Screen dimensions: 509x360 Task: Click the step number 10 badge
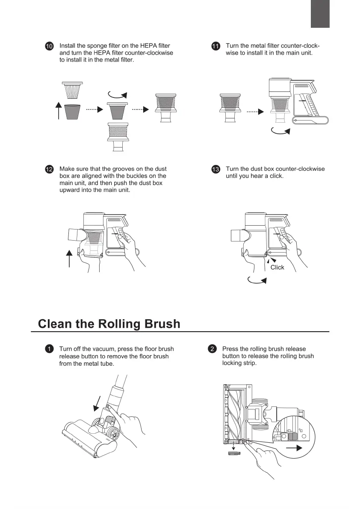(50, 46)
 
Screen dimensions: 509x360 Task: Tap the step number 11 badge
(216, 46)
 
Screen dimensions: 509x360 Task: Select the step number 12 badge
(50, 170)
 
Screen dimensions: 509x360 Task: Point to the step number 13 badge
(216, 170)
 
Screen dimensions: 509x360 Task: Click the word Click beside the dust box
(277, 267)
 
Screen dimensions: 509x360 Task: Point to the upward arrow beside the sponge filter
(59, 112)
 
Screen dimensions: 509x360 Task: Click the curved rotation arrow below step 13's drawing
(257, 280)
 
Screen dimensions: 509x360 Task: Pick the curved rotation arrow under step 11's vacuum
(281, 131)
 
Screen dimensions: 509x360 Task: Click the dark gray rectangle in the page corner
(320, 14)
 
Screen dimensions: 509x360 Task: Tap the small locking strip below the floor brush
(234, 453)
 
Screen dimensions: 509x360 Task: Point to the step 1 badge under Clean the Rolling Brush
(50, 349)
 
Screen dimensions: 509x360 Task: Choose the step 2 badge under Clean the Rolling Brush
(212, 349)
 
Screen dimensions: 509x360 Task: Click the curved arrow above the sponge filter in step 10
(117, 94)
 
